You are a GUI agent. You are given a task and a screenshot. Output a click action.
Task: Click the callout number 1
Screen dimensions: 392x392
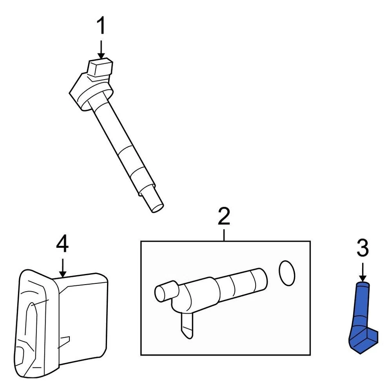tap(100, 27)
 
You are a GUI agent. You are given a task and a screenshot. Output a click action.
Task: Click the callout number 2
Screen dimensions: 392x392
tap(224, 217)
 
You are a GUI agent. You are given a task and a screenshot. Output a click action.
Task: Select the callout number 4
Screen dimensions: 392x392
tap(62, 245)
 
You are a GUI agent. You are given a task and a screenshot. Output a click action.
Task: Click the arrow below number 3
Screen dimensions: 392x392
tap(363, 272)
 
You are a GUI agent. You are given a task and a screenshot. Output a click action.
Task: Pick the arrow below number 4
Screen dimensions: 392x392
tap(62, 267)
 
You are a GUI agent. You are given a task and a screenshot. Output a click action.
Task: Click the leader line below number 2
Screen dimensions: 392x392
tap(224, 235)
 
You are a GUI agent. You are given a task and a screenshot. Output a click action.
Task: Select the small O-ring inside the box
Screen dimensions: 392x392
tap(287, 273)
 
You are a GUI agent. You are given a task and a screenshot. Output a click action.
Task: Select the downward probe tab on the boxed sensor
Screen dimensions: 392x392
tap(186, 327)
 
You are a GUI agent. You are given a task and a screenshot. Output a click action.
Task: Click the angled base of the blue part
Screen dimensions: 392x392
tap(363, 341)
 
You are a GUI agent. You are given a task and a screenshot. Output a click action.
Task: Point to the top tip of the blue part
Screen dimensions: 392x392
tap(363, 285)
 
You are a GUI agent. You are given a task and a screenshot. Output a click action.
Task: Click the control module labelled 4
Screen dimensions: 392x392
tap(61, 323)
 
